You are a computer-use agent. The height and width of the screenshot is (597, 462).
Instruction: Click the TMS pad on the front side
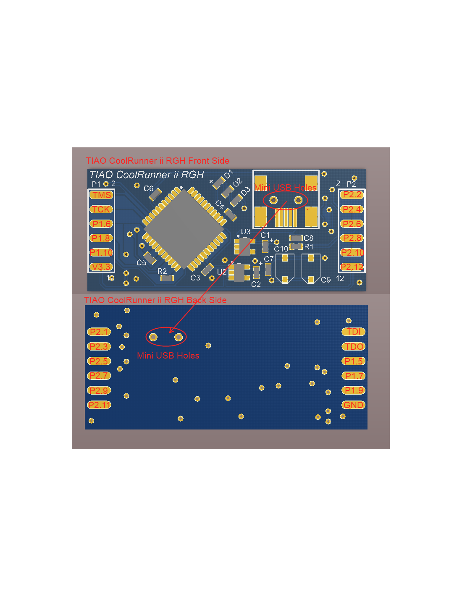(101, 195)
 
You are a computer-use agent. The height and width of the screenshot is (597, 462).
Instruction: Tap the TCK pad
(101, 209)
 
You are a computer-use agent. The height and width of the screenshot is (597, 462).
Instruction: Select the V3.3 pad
(101, 267)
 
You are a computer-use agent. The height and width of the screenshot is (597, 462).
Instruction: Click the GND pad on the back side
(354, 405)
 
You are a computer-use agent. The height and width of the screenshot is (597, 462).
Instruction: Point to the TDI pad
(354, 332)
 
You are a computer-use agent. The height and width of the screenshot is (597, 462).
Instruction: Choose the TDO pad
(354, 346)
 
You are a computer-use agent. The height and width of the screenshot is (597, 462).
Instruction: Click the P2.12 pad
(352, 267)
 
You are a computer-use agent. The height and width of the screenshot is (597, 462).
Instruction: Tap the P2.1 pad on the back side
(99, 332)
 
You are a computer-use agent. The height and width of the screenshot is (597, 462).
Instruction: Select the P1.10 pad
(101, 252)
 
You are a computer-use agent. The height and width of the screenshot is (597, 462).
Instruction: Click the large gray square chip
(184, 229)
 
